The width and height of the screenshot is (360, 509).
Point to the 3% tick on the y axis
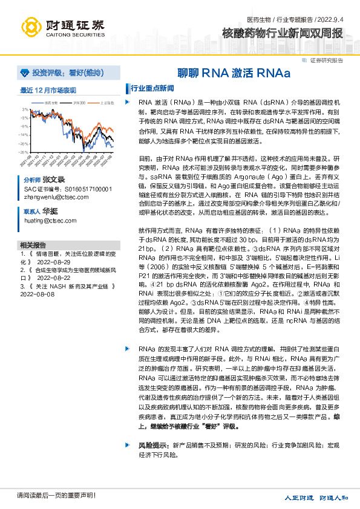[25, 109]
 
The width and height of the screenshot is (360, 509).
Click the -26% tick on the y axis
[24, 152]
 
